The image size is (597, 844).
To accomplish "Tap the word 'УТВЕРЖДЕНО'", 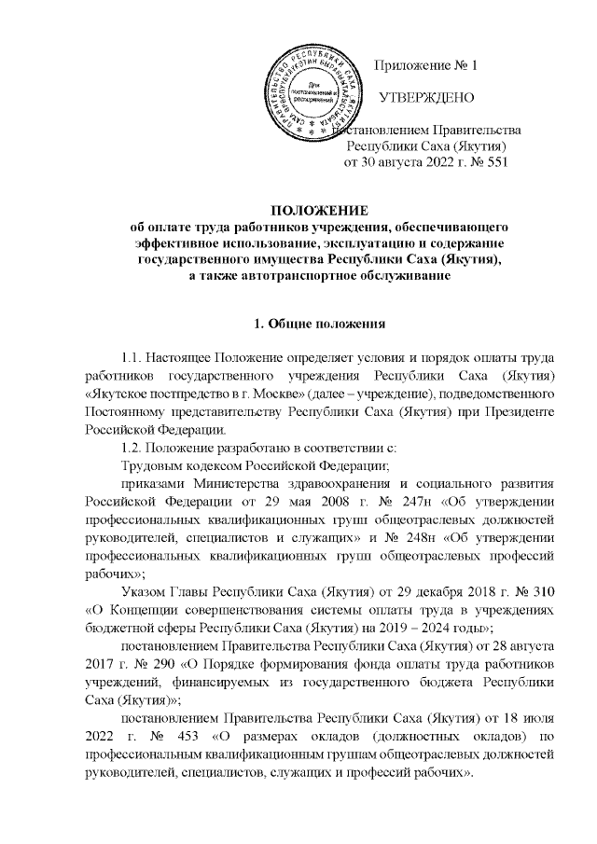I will (427, 98).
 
